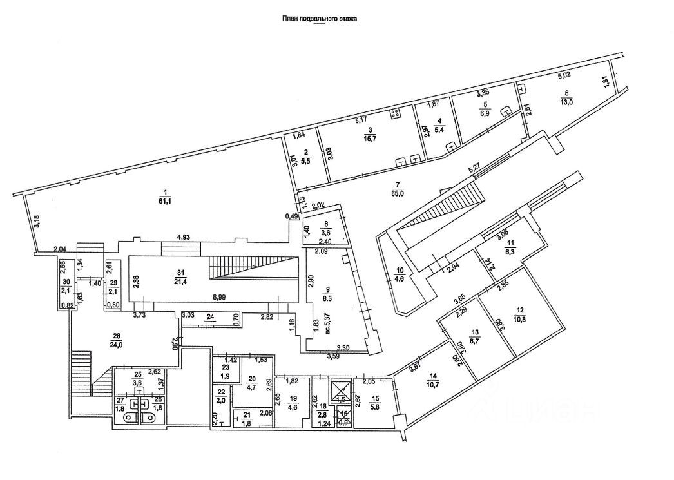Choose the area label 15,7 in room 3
point(370,138)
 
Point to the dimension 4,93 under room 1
point(186,238)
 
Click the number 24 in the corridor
point(210,316)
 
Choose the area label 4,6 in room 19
point(293,407)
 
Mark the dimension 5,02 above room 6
point(565,75)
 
